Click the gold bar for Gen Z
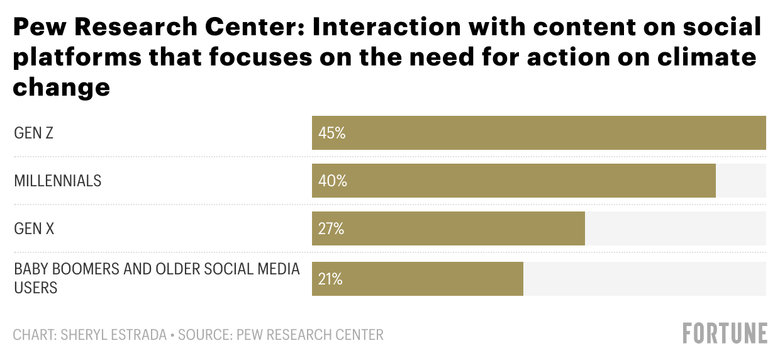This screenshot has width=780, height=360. [538, 133]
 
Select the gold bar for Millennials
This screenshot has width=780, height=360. [513, 181]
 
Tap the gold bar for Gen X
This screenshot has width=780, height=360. [448, 228]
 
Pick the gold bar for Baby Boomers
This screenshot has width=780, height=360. [417, 279]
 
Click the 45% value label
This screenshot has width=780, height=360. [332, 133]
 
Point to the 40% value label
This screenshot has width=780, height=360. [332, 181]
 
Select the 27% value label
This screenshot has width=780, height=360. [331, 229]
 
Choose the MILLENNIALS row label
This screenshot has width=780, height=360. [57, 181]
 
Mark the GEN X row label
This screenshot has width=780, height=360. [34, 229]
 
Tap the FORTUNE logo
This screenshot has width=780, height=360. [725, 333]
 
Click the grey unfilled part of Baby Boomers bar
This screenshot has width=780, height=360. [644, 279]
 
